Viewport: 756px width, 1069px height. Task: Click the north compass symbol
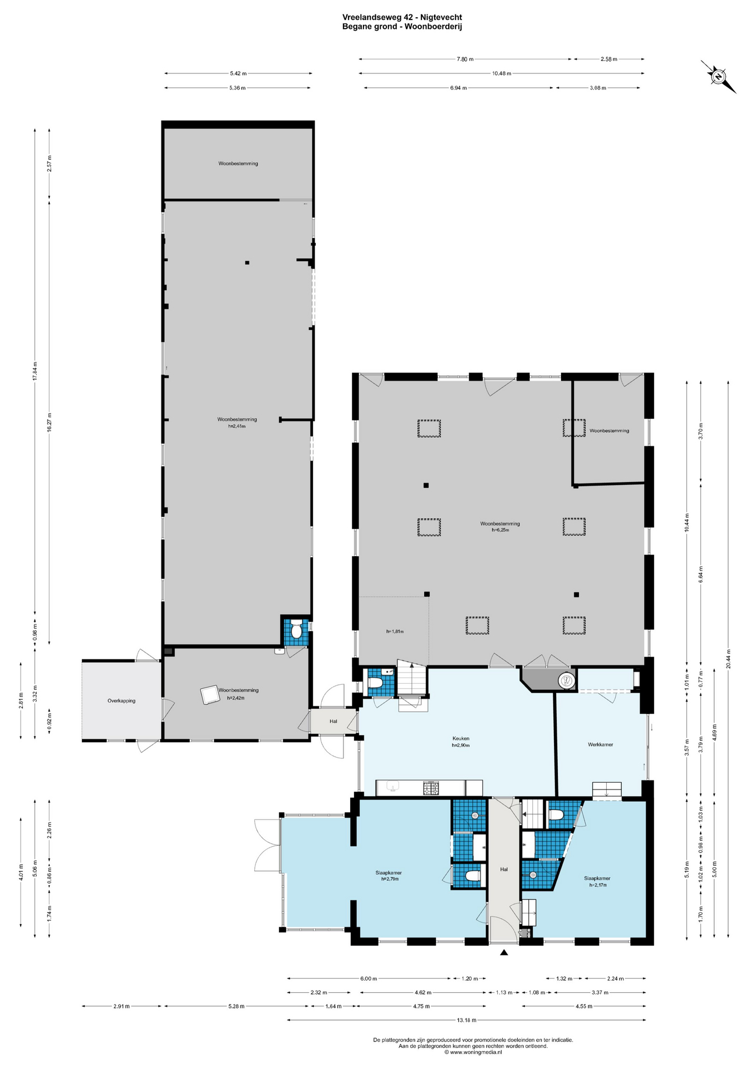click(719, 76)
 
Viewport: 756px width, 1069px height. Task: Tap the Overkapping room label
click(121, 701)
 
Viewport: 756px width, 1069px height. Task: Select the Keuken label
click(461, 739)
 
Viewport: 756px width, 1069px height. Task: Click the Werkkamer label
click(600, 744)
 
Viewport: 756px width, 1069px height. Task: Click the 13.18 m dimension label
click(467, 1021)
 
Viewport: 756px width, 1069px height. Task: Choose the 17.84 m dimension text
click(35, 371)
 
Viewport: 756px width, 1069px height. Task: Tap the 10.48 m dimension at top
click(502, 73)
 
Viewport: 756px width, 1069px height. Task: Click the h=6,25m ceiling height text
click(500, 530)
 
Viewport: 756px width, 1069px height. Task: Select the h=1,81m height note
click(395, 631)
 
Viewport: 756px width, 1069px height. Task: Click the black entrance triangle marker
click(504, 953)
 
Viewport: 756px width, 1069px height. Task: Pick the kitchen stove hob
click(431, 788)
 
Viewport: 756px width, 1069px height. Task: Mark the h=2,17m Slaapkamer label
click(598, 885)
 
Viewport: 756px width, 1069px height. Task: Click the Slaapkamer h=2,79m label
click(389, 876)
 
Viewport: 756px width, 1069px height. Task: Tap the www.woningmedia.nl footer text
click(473, 1052)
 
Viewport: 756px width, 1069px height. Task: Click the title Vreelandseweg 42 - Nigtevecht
click(402, 17)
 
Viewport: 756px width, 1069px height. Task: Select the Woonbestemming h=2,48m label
click(237, 423)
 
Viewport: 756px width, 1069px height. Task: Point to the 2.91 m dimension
click(121, 1006)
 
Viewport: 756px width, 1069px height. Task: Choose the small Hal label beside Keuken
click(333, 722)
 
